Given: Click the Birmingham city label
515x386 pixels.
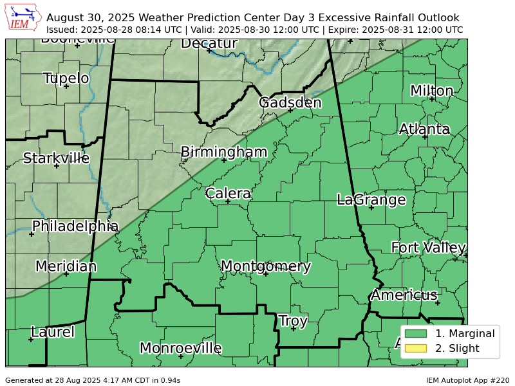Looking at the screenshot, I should click(x=223, y=152).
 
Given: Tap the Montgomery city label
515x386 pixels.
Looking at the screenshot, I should click(x=265, y=266).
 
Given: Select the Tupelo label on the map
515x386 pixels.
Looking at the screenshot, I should click(x=66, y=78).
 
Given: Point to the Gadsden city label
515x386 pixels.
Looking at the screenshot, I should click(x=290, y=103).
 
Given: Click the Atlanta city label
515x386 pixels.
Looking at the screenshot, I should click(x=424, y=129).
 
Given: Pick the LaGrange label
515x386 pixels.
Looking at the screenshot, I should click(x=371, y=200).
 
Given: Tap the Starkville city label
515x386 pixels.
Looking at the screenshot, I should click(x=56, y=158).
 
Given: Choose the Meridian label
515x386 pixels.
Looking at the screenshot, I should click(x=66, y=266).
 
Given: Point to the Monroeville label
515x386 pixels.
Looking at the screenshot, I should click(x=180, y=349).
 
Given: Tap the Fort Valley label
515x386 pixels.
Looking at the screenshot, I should click(x=428, y=248).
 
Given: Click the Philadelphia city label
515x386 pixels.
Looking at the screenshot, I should click(x=75, y=226).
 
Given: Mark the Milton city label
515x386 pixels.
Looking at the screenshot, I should click(x=431, y=91).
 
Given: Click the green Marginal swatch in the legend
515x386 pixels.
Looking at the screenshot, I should click(x=416, y=333).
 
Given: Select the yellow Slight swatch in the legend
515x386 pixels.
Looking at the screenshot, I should click(x=416, y=349).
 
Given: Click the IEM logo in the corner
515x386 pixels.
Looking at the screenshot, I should click(x=24, y=18).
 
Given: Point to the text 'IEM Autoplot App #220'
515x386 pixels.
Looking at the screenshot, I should click(x=467, y=380).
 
